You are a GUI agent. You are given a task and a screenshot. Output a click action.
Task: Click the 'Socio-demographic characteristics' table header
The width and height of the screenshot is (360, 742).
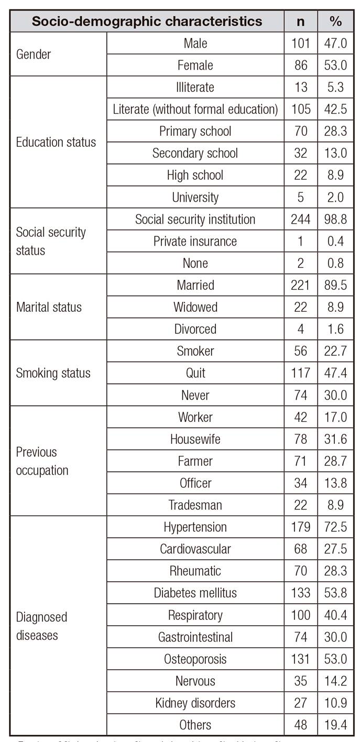coord(147,21)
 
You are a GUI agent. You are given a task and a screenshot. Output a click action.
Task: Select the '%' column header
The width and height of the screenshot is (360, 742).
coord(335,21)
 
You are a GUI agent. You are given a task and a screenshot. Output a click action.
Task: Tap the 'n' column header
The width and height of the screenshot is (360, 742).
coord(301,21)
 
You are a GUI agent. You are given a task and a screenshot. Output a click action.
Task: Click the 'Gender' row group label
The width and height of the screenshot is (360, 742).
coord(34,54)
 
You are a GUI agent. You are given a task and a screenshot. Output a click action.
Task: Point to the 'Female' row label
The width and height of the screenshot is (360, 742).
coord(195,65)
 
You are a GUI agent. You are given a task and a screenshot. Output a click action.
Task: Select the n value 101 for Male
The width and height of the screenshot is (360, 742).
coord(301,43)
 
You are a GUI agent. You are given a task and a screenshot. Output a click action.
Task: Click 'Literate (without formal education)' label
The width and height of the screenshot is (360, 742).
coord(195,109)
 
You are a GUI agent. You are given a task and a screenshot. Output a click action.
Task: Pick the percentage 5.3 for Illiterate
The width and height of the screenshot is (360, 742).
coord(335,87)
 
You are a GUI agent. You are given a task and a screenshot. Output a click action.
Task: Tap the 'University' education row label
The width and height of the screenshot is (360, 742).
coord(195,197)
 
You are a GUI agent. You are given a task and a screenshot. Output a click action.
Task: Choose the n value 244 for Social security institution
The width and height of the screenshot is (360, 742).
coord(301,219)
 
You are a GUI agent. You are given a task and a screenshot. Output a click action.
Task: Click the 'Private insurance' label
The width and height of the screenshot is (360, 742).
coord(195,241)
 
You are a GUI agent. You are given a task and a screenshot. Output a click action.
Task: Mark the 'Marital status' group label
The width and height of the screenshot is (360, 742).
coord(49,307)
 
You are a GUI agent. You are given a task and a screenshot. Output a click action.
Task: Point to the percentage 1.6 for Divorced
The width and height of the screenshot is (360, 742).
coord(335,329)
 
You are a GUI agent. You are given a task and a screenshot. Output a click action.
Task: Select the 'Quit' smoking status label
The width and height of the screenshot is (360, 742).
coord(195,373)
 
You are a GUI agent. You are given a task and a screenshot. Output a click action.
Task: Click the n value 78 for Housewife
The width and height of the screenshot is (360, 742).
coord(301,439)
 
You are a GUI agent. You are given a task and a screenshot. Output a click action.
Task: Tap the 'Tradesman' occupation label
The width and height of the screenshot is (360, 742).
coord(195,505)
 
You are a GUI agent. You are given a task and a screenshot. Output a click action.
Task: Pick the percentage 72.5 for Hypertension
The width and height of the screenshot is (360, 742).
coord(335,527)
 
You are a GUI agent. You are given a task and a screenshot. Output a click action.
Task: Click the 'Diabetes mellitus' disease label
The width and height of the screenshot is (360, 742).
coord(195,593)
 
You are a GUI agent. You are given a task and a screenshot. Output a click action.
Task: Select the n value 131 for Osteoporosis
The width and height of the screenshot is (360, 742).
coord(301,659)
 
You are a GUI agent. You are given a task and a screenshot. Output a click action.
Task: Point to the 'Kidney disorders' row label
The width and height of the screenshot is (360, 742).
coord(195,703)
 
